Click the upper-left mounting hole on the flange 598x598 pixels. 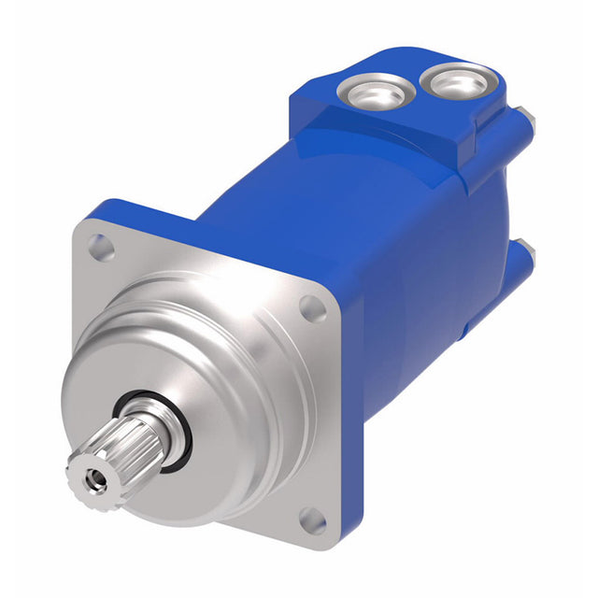coord(98,246)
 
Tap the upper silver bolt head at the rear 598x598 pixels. coord(530,120)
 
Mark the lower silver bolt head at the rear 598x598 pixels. coord(527,253)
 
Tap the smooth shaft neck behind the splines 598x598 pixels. coord(164,430)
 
